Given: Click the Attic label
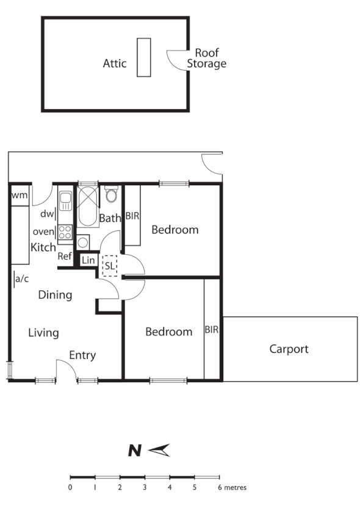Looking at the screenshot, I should [x=115, y=63].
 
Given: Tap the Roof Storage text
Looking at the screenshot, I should [x=206, y=59].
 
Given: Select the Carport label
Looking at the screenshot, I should [x=289, y=349].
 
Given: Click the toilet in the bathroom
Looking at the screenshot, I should [x=111, y=194].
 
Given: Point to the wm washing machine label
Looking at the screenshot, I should [x=19, y=195].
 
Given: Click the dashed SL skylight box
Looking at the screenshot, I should [x=110, y=266].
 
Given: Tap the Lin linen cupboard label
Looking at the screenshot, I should [x=88, y=260].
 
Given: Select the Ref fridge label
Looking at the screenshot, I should [x=65, y=256].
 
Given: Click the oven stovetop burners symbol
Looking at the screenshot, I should [x=65, y=232].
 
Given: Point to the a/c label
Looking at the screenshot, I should [x=22, y=279].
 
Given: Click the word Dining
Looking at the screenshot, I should [x=55, y=295].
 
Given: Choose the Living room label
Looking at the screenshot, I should [x=43, y=333].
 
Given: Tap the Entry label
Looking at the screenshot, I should [x=82, y=355].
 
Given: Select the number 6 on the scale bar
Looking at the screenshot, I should [x=219, y=488].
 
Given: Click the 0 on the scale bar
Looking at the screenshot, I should [x=70, y=488].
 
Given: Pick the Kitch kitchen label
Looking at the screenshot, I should [x=43, y=248].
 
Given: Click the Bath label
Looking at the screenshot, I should [x=110, y=218].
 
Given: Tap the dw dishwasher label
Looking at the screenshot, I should [x=46, y=214].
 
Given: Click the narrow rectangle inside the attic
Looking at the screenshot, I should [x=143, y=57].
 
